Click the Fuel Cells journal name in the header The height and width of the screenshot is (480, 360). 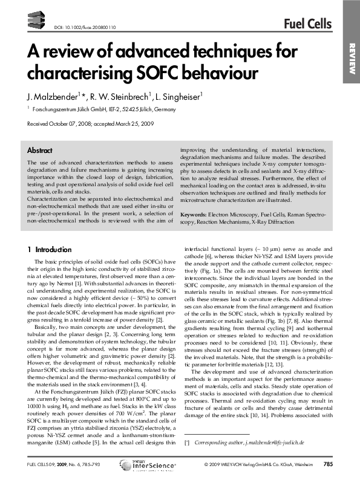pos(307,24)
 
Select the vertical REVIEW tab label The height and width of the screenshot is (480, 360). pos(350,60)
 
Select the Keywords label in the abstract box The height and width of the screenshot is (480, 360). pos(194,215)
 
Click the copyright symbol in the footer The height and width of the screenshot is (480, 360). pos(206,465)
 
